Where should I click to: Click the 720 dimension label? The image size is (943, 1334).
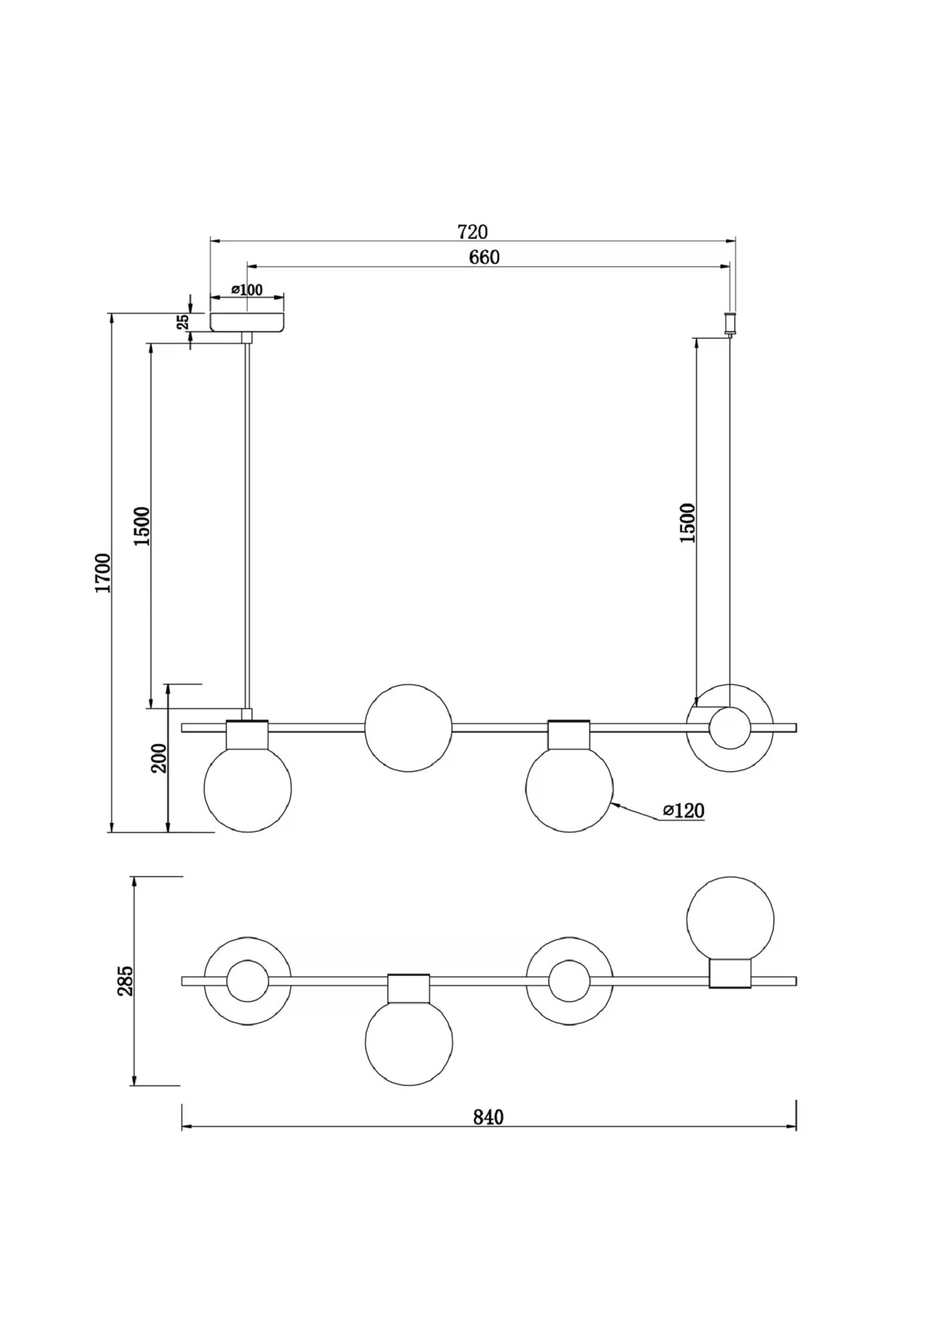472,232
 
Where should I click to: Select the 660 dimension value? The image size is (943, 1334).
485,257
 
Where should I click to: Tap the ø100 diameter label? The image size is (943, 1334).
247,290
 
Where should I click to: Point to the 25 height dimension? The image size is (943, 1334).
183,322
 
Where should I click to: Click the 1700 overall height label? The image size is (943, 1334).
102,572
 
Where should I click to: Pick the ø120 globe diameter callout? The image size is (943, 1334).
683,811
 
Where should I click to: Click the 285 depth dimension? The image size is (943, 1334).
125,981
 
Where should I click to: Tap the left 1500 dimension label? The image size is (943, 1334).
143,525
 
